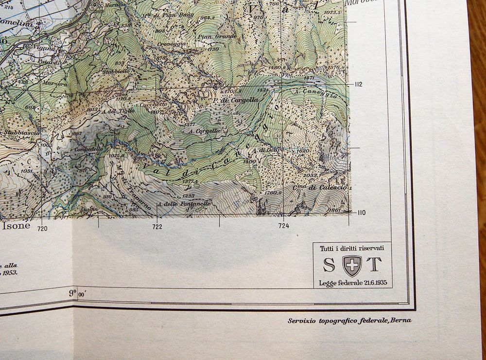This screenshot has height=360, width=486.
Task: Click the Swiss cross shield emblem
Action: tap(352, 266)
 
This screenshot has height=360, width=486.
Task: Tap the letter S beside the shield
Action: tap(329, 265)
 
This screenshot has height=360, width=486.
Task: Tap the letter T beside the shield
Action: tap(374, 265)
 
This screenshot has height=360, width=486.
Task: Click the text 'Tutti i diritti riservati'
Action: tap(352, 249)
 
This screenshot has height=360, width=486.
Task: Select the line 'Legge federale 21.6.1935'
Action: tap(353, 283)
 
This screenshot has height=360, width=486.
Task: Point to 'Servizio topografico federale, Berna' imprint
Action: tap(349, 320)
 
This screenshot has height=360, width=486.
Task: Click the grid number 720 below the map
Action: tap(42, 228)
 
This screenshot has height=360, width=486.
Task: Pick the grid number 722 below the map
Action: tap(157, 227)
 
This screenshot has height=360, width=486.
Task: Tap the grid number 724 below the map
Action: tap(284, 226)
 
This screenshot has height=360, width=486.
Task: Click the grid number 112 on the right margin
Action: tap(359, 84)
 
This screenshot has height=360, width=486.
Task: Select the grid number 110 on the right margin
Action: tap(360, 212)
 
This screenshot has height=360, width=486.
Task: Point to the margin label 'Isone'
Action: tap(16, 226)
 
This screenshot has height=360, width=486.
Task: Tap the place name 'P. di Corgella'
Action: tap(235, 100)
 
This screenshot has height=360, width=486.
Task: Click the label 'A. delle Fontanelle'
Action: tap(184, 203)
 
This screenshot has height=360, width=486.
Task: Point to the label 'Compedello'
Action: tap(89, 149)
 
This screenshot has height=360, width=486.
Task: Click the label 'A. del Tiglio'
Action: tap(119, 110)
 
